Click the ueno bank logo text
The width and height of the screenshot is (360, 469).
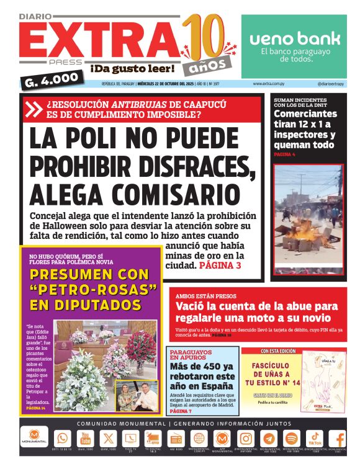295,38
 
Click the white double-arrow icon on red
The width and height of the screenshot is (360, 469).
35,109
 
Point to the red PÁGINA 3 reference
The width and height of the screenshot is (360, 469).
220,266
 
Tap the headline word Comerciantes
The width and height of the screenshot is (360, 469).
305,114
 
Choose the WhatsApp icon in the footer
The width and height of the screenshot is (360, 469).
61,439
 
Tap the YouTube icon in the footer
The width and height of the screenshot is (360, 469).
84,439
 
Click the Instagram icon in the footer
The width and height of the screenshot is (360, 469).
246,439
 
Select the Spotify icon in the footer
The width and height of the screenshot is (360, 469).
292,439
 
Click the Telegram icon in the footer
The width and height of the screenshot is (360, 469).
269,439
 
